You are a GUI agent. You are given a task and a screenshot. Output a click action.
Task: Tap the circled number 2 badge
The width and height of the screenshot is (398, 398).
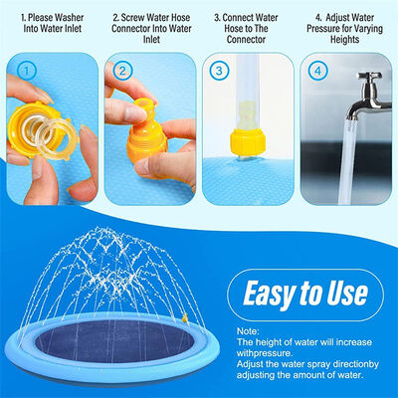121,71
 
